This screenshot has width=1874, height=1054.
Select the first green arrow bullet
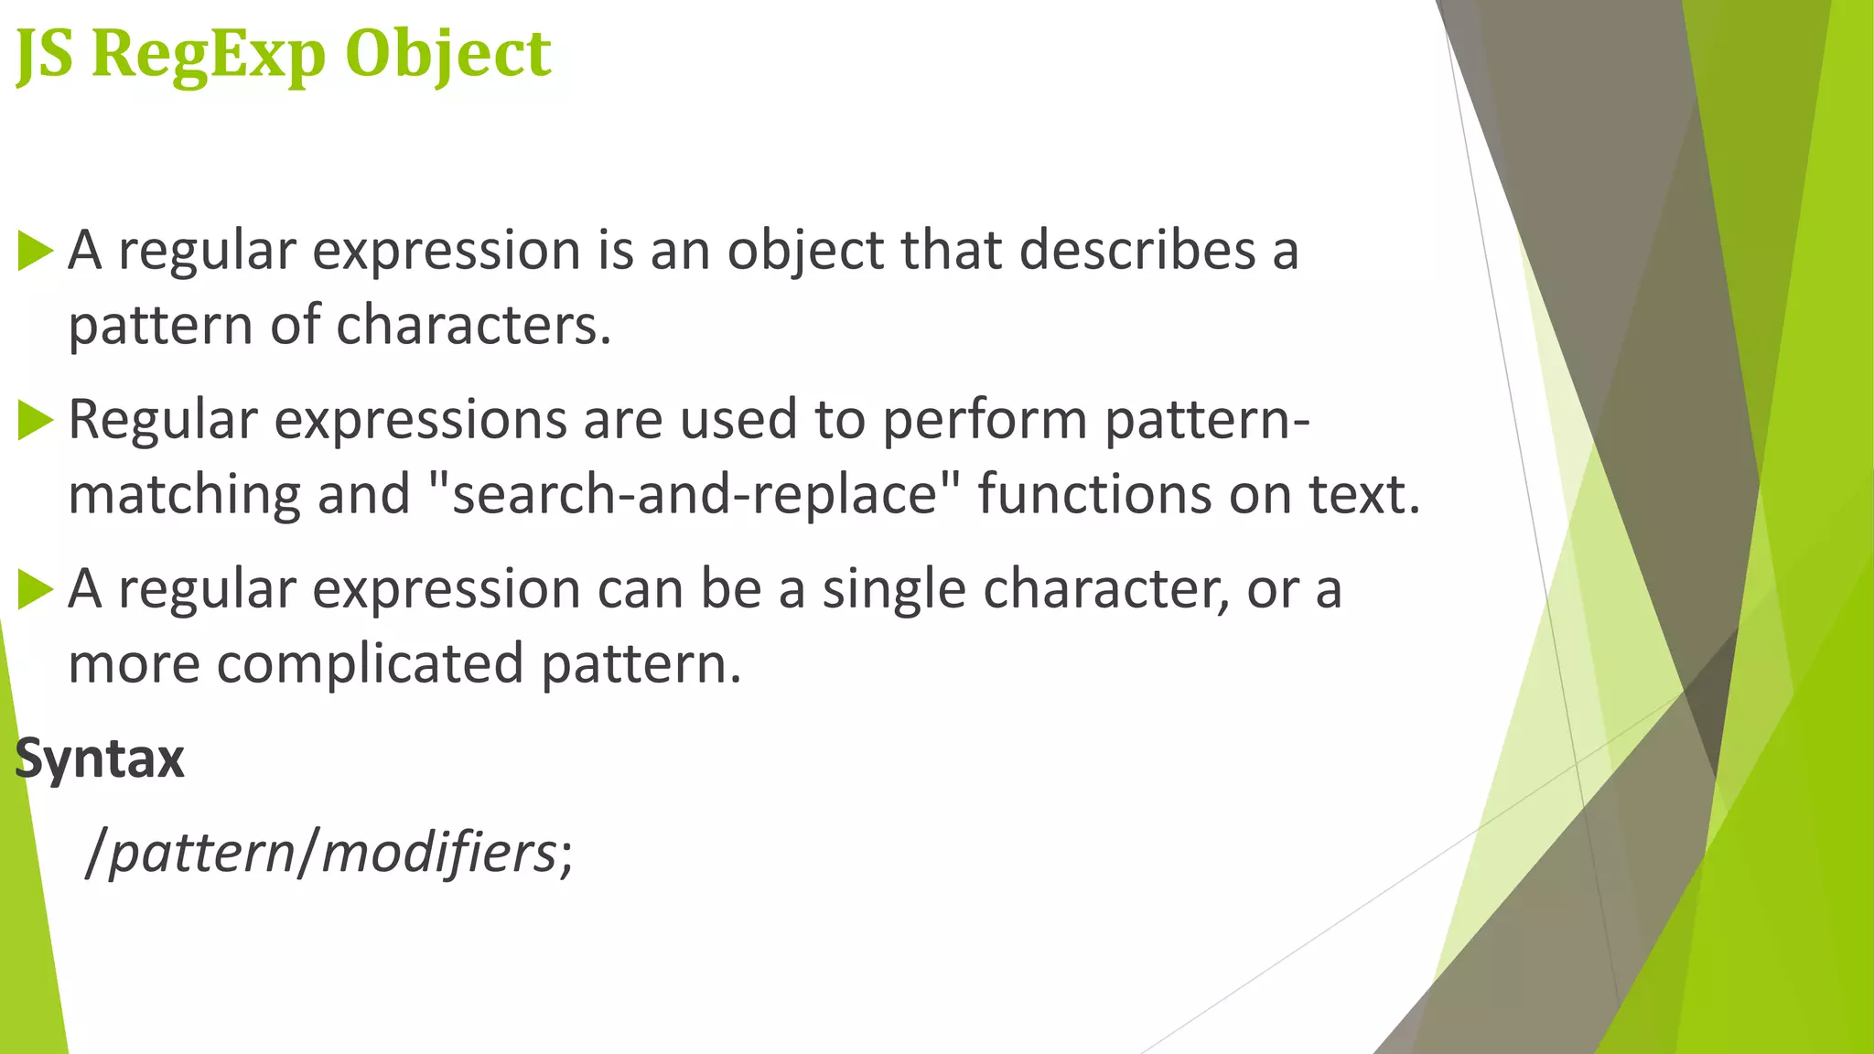pyautogui.click(x=36, y=251)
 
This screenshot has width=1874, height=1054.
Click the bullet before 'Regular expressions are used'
pyautogui.click(x=36, y=420)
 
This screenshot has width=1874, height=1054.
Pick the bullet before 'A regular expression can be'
pyautogui.click(x=36, y=589)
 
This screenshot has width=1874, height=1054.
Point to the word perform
pyautogui.click(x=985, y=420)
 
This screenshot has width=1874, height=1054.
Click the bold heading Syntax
pyautogui.click(x=100, y=758)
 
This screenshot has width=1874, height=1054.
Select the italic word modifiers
pyautogui.click(x=438, y=853)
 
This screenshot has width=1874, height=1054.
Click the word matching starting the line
pyautogui.click(x=184, y=495)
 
